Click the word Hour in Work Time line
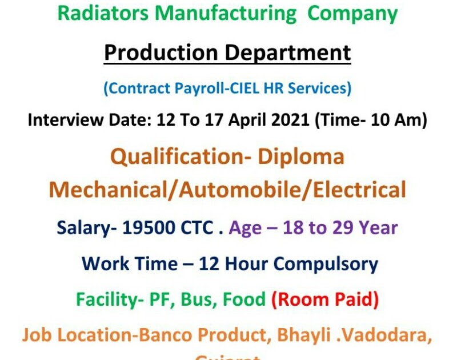247,264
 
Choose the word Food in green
244,299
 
